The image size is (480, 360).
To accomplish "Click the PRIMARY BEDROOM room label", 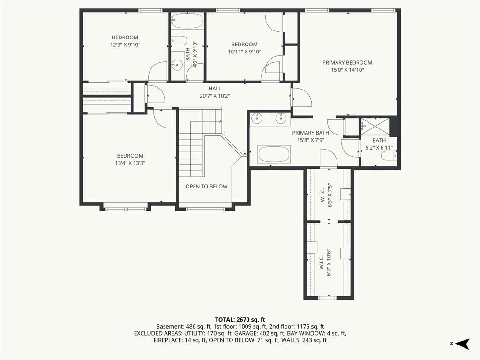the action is coord(347,63).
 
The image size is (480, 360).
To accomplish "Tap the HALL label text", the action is coord(215,89).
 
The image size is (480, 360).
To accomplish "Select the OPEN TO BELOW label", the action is coord(207,187).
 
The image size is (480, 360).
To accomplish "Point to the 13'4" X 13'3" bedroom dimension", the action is coord(130,163).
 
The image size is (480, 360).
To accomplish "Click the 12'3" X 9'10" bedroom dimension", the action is coord(125,45).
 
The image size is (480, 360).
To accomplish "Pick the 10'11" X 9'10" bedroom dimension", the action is coord(245,52).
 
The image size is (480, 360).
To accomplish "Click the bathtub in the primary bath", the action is coord(274,154).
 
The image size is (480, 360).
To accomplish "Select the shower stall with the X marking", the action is coord(375,127).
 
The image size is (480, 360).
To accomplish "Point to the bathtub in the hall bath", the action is coord(187,21).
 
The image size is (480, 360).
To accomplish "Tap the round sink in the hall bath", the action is coord(177,65).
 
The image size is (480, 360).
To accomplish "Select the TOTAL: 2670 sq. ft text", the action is coord(240,320).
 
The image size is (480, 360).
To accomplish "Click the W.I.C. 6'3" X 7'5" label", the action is coord(326,195).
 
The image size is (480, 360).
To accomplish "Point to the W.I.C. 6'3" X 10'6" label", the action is coord(326,262).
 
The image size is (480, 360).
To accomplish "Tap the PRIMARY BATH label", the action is coord(310,133).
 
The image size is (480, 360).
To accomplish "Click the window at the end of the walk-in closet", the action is coord(328,298).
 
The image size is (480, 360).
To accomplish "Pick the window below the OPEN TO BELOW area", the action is coord(205,210).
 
